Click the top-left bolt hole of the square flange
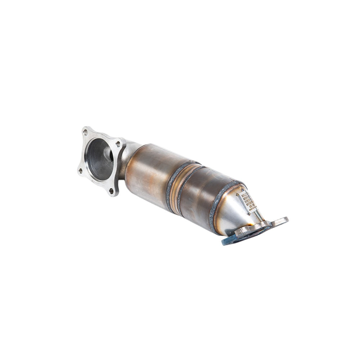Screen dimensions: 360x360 pyautogui.click(x=85, y=132)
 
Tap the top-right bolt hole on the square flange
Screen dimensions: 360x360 pyautogui.click(x=118, y=144)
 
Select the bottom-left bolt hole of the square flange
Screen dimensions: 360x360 pyautogui.click(x=80, y=170)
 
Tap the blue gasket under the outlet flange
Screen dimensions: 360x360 pyautogui.click(x=229, y=240)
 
